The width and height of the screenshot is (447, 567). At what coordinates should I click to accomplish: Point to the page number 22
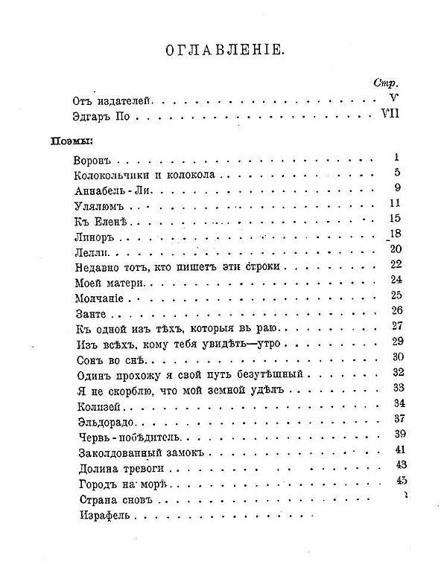(395, 263)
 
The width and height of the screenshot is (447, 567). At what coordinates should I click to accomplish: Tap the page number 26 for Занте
(396, 310)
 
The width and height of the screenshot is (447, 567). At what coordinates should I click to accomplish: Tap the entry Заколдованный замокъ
(139, 452)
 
